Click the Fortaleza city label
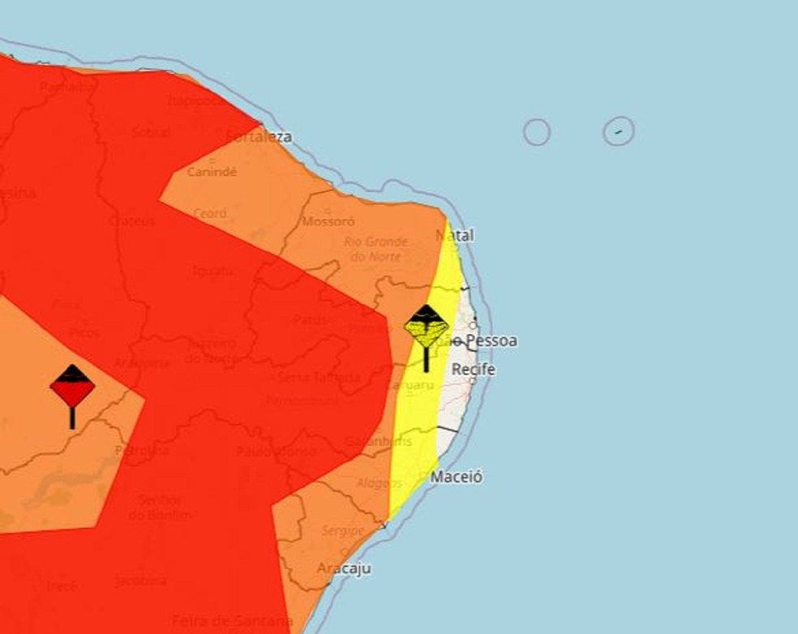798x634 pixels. (260, 136)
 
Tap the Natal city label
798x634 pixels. (455, 235)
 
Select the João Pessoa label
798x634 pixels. (482, 341)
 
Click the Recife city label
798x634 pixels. (473, 370)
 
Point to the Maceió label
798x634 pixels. (457, 477)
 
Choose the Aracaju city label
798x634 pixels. (344, 568)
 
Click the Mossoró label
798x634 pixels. (328, 221)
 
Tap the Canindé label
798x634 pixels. (212, 172)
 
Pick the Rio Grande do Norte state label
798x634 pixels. (375, 249)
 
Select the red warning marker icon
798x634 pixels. (72, 388)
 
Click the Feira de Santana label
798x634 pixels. (232, 621)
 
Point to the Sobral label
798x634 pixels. (152, 131)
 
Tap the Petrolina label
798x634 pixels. (142, 450)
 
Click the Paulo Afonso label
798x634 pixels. (276, 451)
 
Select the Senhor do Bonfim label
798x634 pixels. (160, 507)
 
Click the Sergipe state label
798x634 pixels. (341, 530)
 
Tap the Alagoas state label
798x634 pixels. (380, 484)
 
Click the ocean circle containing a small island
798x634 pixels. (618, 131)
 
